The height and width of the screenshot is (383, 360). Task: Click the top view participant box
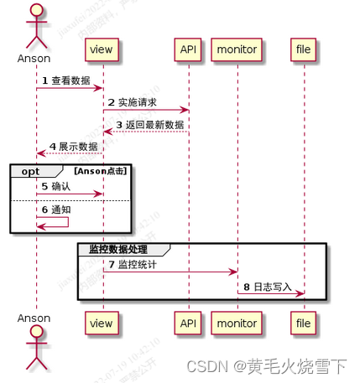pyautogui.click(x=102, y=49)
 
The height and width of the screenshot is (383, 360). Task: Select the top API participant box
pyautogui.click(x=188, y=49)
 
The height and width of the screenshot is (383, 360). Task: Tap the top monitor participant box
pyautogui.click(x=237, y=49)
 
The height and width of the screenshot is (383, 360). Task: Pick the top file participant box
pyautogui.click(x=302, y=49)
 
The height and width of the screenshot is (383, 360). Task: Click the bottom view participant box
pyautogui.click(x=102, y=321)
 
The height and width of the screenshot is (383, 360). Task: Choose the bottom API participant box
pyautogui.click(x=188, y=321)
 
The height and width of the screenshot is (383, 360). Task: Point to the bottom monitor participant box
pyautogui.click(x=237, y=321)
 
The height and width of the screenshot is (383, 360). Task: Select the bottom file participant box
pyautogui.click(x=302, y=321)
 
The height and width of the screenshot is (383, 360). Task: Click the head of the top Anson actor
pyautogui.click(x=35, y=9)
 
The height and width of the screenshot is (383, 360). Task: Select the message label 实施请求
pyautogui.click(x=138, y=103)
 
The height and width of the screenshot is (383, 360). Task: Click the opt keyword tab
pyautogui.click(x=30, y=171)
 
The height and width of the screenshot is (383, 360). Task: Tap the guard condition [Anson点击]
pyautogui.click(x=101, y=171)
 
